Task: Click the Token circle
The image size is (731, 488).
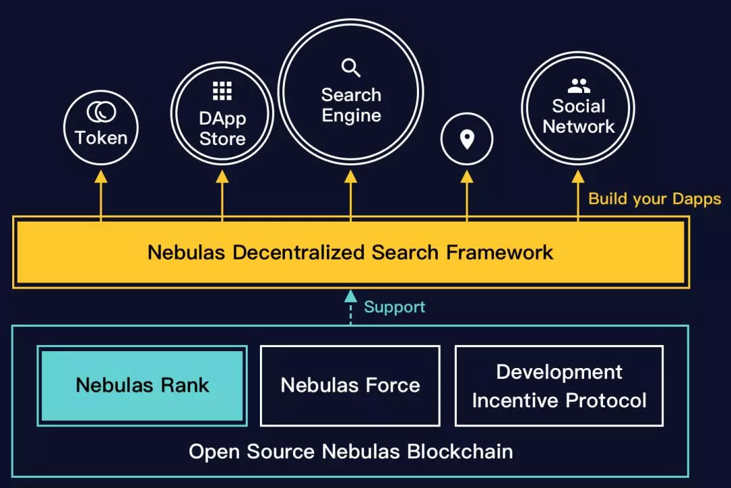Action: click(101, 128)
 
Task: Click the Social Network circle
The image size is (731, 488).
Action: click(578, 108)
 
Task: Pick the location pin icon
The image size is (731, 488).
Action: click(466, 140)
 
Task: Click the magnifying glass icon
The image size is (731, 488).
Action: click(351, 68)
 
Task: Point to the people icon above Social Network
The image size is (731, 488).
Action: click(578, 86)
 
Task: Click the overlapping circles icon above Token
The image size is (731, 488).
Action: click(102, 112)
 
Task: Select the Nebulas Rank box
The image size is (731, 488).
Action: click(142, 385)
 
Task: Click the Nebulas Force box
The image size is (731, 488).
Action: click(350, 385)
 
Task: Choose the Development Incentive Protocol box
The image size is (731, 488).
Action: click(559, 386)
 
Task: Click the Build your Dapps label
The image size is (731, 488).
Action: click(655, 199)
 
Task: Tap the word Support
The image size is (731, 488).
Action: click(395, 307)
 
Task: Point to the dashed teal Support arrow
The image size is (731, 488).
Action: click(351, 307)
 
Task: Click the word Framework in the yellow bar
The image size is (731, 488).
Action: click(500, 253)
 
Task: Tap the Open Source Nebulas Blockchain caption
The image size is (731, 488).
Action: click(351, 451)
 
